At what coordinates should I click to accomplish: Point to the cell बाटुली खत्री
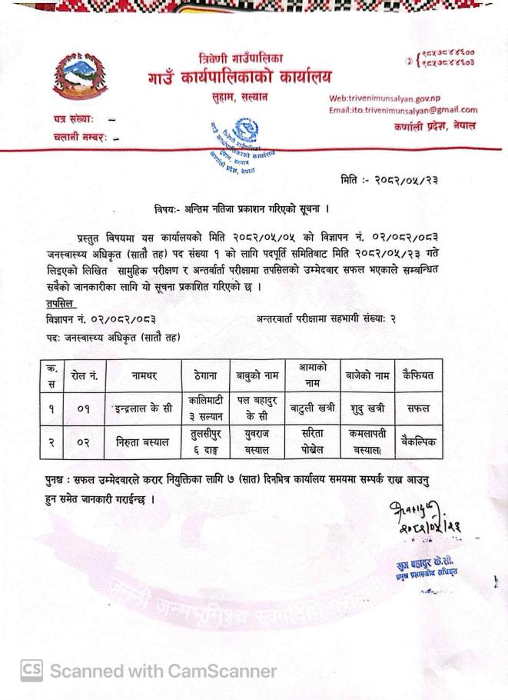[312, 408]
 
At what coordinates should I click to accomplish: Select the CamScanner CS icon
[31, 671]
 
